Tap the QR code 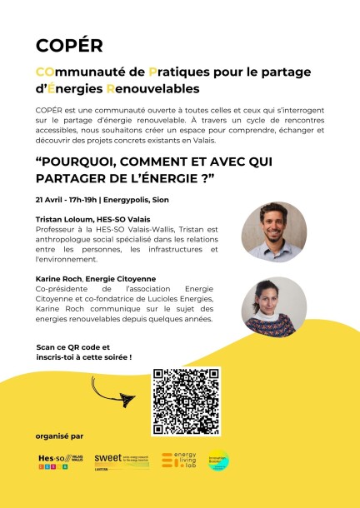pos(185,401)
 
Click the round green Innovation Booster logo pos(218,461)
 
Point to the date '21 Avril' pos(51,200)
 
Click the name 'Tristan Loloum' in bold pos(63,218)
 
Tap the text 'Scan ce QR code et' pos(73,346)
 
